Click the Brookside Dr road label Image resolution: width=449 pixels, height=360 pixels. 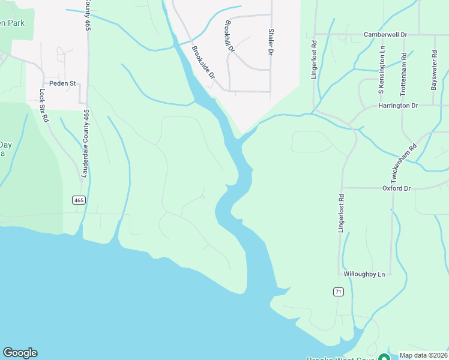(203, 62)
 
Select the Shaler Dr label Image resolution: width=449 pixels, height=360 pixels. (271, 42)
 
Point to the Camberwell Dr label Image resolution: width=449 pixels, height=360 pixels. (385, 35)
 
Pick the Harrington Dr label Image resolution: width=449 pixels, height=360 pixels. (397, 106)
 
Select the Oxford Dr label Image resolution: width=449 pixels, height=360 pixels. (396, 188)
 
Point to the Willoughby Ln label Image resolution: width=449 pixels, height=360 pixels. (364, 274)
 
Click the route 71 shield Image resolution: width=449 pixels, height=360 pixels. (339, 292)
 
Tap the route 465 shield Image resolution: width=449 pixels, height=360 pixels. (79, 200)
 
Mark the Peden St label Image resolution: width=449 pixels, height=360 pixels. (62, 83)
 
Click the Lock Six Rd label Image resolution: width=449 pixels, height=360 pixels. (43, 106)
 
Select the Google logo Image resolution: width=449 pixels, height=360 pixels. (20, 353)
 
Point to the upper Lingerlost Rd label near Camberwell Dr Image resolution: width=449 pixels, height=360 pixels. (314, 61)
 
